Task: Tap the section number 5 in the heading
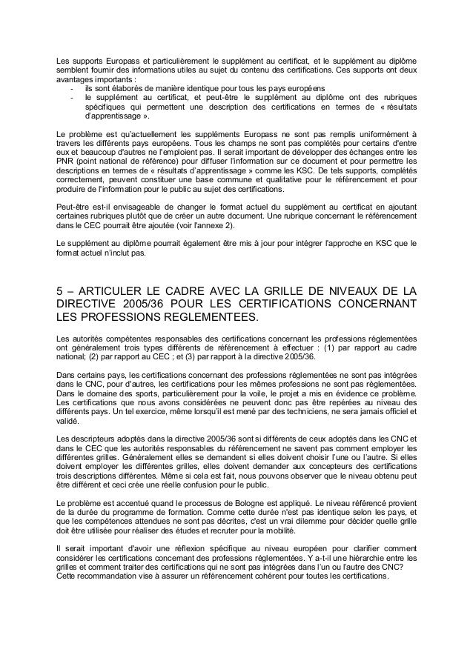point(61,290)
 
